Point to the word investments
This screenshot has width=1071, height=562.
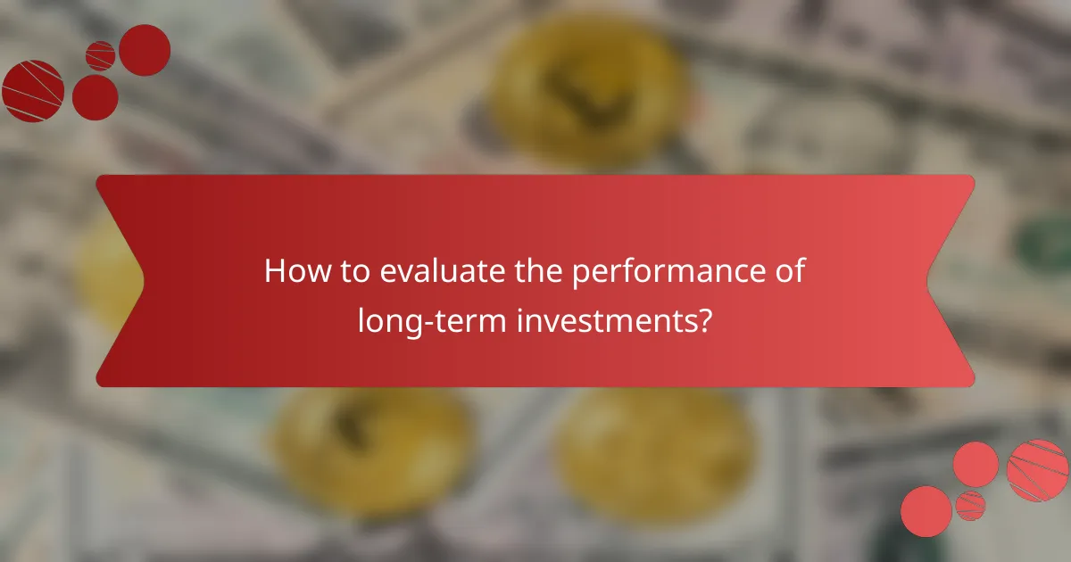click(604, 319)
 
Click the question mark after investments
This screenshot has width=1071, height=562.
click(705, 319)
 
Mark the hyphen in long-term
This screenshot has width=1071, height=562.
click(417, 323)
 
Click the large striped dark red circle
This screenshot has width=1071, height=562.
click(32, 90)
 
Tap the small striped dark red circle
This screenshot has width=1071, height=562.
click(100, 55)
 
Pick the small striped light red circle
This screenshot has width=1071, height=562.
click(970, 505)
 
